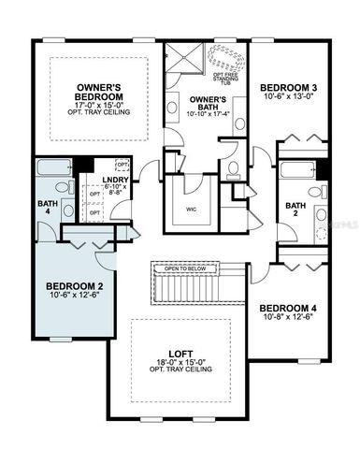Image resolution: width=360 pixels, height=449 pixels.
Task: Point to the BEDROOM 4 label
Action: pyautogui.click(x=289, y=309)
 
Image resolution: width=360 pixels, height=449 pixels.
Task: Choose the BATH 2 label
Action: pyautogui.click(x=295, y=210)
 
